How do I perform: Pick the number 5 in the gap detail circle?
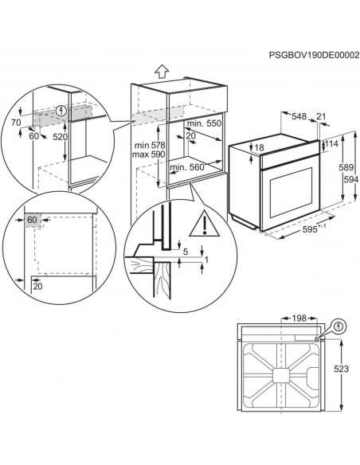click(x=186, y=253)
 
